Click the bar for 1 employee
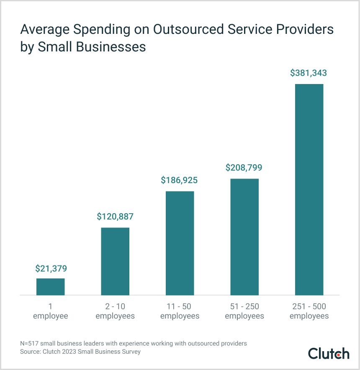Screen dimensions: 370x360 tap(50, 287)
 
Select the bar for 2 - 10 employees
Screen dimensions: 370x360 tap(115, 261)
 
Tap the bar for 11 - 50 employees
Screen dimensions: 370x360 tap(180, 243)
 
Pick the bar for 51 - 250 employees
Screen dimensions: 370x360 tap(244, 237)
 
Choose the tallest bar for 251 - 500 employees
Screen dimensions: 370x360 tap(309, 190)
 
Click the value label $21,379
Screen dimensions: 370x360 tap(51, 268)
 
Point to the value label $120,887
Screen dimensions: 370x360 tap(115, 217)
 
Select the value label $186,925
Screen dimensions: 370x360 tap(180, 180)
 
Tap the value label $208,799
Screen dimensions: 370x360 tap(244, 168)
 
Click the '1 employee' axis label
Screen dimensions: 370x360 tap(51, 311)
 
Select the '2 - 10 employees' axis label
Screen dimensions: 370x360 tap(115, 311)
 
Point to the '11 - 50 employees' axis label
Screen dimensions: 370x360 tap(180, 311)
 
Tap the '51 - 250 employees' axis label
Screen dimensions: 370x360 tap(244, 311)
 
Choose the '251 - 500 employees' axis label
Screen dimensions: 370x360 tap(309, 311)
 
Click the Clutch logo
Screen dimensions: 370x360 tap(329, 353)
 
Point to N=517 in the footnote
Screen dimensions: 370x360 tap(30, 343)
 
